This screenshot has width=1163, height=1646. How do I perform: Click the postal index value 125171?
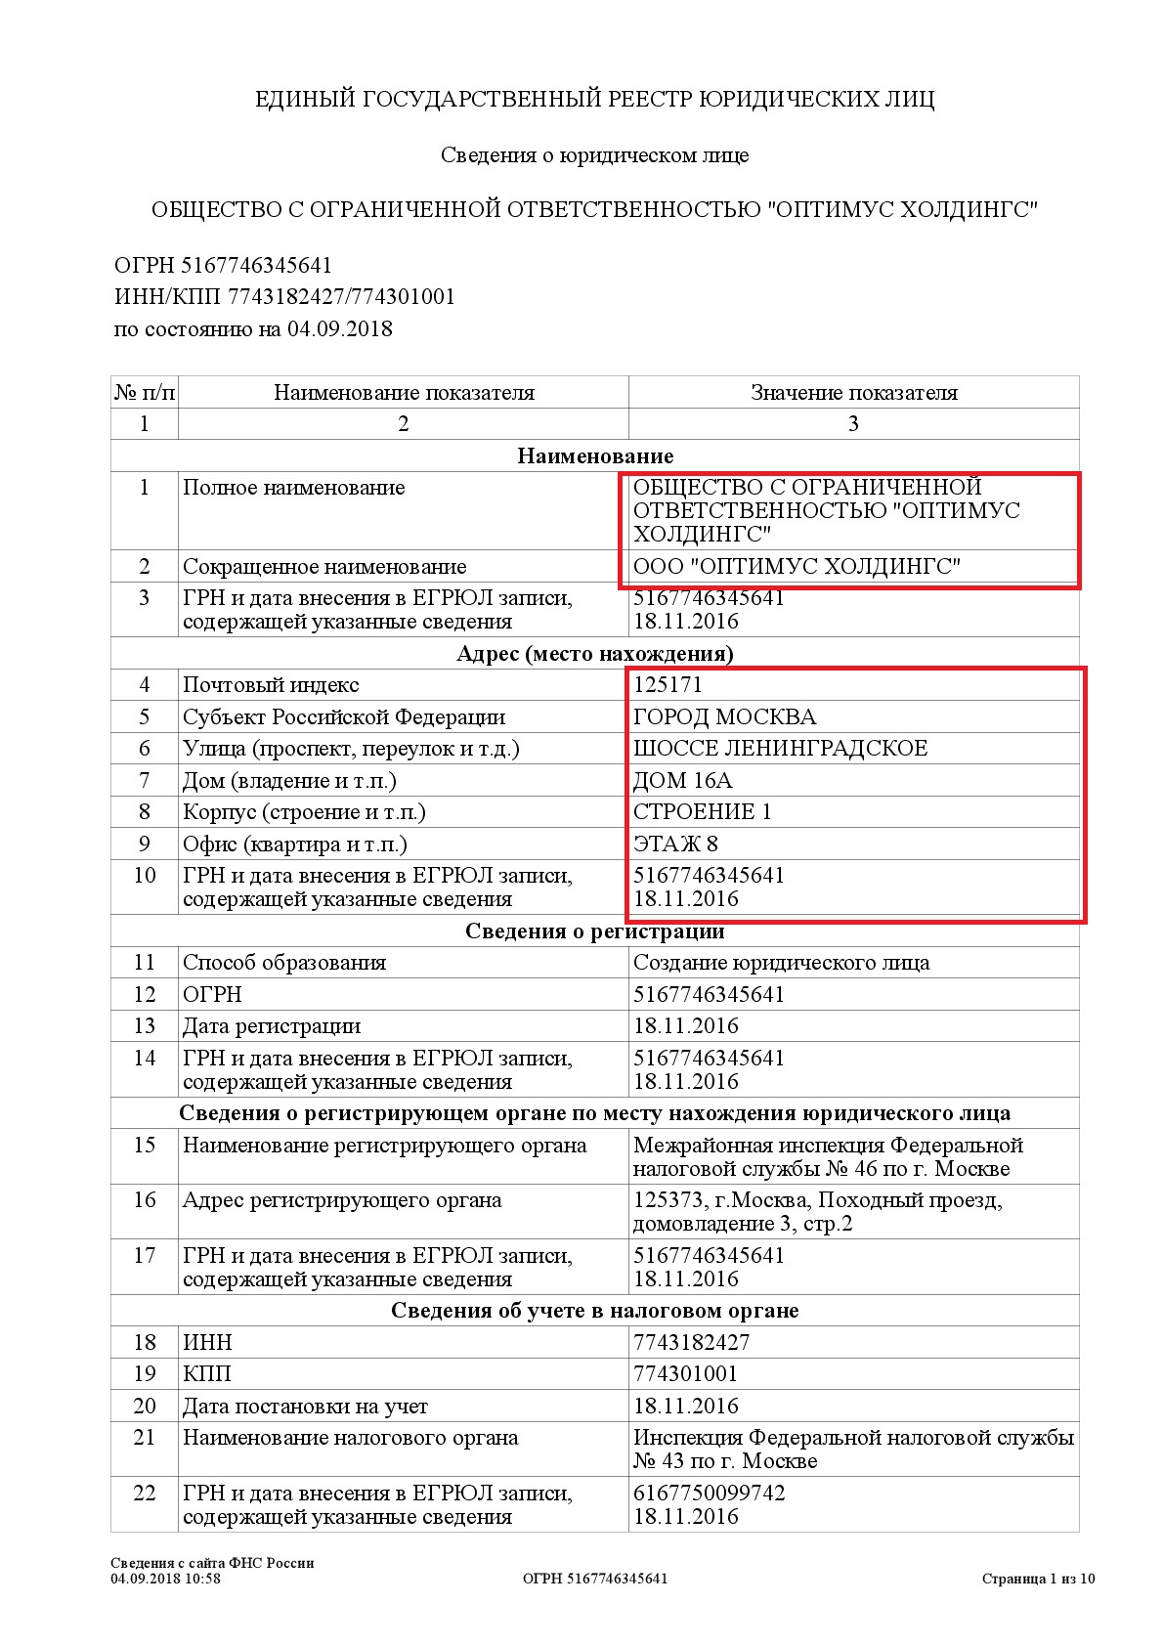(x=668, y=685)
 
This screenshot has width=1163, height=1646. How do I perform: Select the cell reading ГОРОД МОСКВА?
(x=724, y=717)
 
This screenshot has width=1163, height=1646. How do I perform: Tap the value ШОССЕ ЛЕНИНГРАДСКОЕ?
(x=780, y=749)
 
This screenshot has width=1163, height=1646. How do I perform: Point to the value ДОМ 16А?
(x=682, y=781)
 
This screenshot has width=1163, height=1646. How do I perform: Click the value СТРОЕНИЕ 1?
(x=702, y=812)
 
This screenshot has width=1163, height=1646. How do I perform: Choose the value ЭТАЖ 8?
(x=675, y=845)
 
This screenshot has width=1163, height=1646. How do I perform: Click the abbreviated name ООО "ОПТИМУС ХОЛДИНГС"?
(x=797, y=567)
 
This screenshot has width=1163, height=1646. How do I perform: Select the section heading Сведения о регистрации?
(x=594, y=931)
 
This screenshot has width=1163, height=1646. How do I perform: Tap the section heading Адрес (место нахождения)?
(x=594, y=654)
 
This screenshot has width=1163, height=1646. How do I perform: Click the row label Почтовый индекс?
(x=271, y=685)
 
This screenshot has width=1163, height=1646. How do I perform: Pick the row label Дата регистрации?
(x=272, y=1026)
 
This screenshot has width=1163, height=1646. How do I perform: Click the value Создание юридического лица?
(x=781, y=963)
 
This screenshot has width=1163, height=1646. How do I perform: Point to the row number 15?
(x=145, y=1146)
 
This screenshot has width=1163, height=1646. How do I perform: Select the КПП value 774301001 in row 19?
(x=685, y=1374)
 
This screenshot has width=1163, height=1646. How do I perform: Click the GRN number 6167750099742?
(x=709, y=1494)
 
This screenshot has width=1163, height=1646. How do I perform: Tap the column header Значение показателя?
(x=853, y=393)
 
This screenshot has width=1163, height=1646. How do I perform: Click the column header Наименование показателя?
(x=404, y=393)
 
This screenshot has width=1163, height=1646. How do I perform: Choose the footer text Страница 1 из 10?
(x=1038, y=1579)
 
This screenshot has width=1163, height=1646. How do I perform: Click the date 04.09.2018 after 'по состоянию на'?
(x=339, y=329)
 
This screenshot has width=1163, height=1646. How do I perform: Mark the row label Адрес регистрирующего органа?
(x=342, y=1200)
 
